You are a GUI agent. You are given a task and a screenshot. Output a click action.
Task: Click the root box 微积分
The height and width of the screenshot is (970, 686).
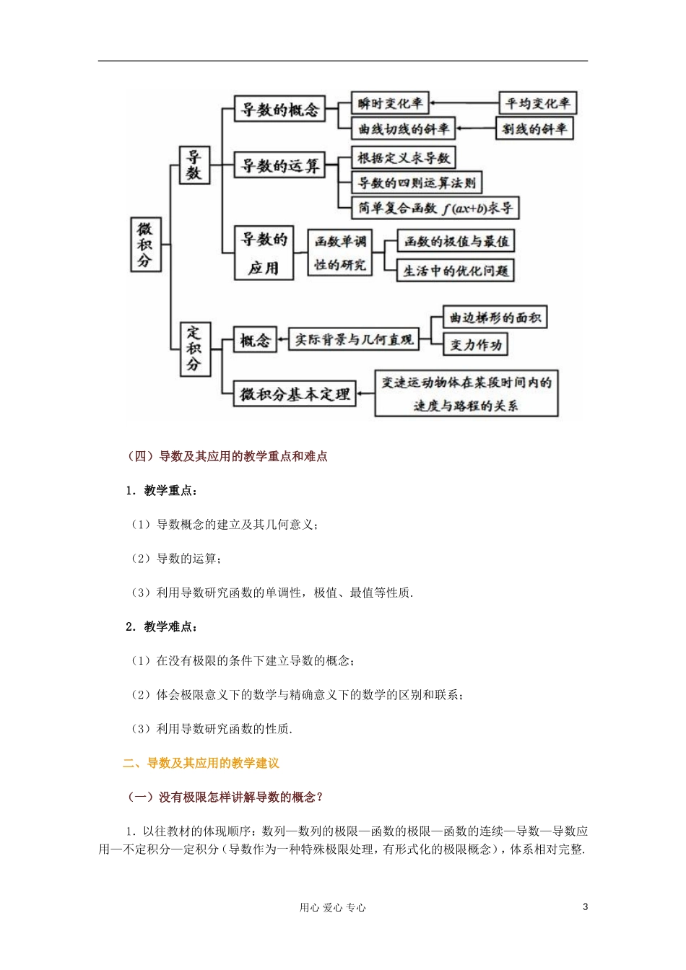click(x=145, y=245)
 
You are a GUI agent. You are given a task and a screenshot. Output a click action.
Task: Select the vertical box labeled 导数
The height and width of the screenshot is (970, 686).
click(x=194, y=165)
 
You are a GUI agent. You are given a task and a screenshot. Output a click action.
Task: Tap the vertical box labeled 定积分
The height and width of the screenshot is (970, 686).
click(x=194, y=349)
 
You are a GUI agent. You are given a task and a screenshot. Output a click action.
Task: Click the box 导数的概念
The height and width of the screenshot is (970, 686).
click(x=279, y=110)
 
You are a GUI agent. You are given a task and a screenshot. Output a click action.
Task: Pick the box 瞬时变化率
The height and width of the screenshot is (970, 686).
click(x=390, y=103)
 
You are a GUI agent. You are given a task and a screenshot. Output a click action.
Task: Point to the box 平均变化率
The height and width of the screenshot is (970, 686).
click(x=538, y=103)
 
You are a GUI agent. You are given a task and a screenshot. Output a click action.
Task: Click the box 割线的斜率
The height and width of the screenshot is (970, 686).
click(x=534, y=129)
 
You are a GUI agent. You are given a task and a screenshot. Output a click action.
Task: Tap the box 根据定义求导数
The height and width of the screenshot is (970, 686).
click(x=404, y=157)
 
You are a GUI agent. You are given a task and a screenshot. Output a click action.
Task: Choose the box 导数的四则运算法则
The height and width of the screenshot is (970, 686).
click(x=417, y=183)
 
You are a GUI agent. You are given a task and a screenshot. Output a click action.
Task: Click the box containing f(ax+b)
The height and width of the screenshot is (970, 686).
click(x=435, y=208)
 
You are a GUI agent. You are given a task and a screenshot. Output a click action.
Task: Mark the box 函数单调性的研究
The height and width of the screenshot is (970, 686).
click(x=339, y=253)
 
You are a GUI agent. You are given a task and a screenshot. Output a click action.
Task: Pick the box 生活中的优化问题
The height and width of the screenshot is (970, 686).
click(x=455, y=271)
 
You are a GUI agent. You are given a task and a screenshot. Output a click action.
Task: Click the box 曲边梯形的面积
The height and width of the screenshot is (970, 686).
click(x=495, y=318)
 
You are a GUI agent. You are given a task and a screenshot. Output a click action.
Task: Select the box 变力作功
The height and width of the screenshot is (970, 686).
click(x=475, y=345)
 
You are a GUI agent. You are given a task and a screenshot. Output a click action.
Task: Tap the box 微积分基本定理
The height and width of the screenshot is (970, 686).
click(x=295, y=394)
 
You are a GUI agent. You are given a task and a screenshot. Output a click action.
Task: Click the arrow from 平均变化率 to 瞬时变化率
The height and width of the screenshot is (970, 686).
click(x=464, y=103)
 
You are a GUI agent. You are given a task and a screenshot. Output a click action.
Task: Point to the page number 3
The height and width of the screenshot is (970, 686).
click(x=585, y=907)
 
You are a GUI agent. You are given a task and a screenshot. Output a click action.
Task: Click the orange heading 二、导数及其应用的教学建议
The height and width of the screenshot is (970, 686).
click(x=201, y=763)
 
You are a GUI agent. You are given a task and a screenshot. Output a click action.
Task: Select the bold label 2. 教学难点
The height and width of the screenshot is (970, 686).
click(x=161, y=626)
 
